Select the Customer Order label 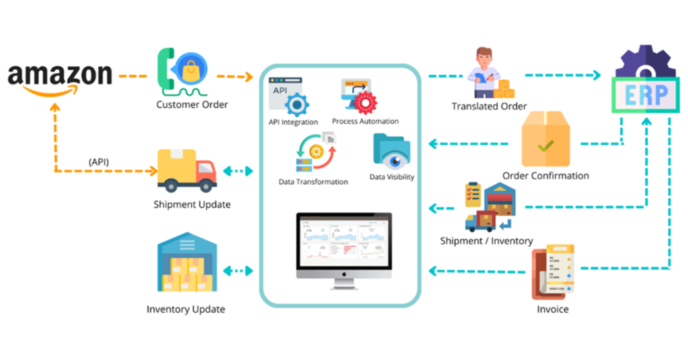pos(192,105)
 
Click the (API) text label pos(99,163)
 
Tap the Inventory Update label pos(185,310)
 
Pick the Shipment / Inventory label pos(486,240)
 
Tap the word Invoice pos(552,310)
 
